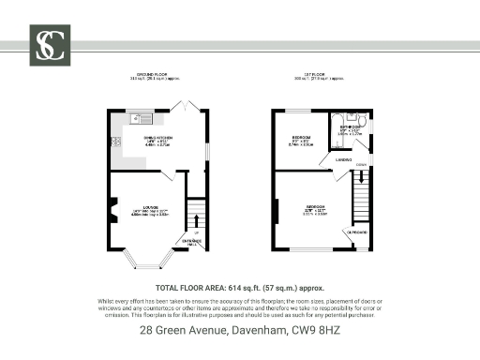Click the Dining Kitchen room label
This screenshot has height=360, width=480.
156,139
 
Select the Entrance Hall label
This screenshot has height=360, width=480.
192,243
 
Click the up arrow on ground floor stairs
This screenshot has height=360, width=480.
197,222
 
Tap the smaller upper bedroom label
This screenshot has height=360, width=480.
301,139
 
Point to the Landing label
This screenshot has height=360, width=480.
343,160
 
